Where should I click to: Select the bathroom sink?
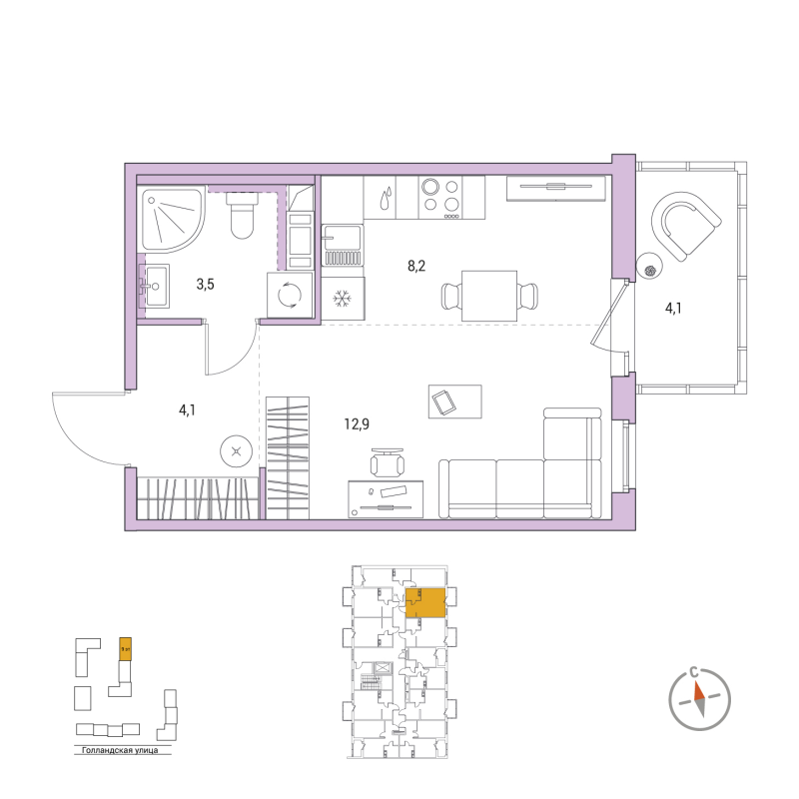pyautogui.click(x=154, y=287)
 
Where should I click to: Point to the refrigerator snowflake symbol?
pyautogui.click(x=343, y=299)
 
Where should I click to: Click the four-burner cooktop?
pyautogui.click(x=439, y=196)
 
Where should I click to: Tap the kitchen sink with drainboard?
pyautogui.click(x=343, y=246)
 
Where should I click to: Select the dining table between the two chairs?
pyautogui.click(x=489, y=296)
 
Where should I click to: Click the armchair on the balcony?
pyautogui.click(x=686, y=223)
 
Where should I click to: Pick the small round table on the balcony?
pyautogui.click(x=648, y=266)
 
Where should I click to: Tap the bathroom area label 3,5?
pyautogui.click(x=205, y=285)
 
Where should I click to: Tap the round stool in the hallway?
pyautogui.click(x=236, y=452)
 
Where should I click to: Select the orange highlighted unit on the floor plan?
pyautogui.click(x=426, y=603)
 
